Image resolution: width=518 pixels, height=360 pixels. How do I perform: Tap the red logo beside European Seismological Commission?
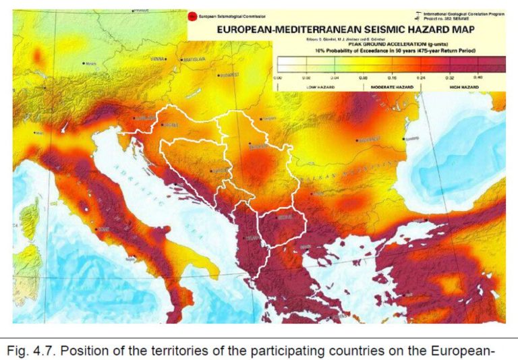coord(194,15)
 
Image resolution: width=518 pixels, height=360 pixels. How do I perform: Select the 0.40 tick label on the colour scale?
coord(478,78)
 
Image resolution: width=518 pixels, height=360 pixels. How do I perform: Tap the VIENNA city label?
coord(159,59)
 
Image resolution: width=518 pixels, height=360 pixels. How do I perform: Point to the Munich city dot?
coord(83,63)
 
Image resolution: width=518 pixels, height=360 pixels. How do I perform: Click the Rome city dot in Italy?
coord(100,229)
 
